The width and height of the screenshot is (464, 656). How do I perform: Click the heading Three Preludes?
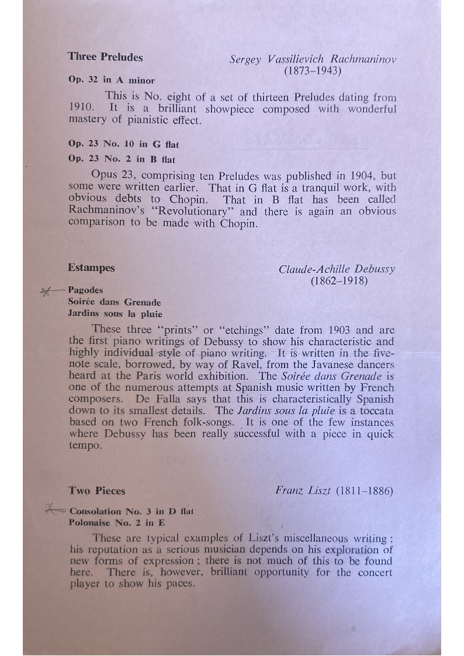coord(105,57)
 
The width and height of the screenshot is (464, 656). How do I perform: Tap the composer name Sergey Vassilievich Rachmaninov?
coord(313,60)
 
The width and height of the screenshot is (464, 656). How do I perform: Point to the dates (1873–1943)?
coord(313,71)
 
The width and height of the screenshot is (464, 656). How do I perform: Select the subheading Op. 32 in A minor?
coord(111,80)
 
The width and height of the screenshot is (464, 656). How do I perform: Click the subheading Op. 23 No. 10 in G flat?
coord(123,144)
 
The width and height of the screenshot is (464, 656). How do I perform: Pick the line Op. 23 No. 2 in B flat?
coord(122,159)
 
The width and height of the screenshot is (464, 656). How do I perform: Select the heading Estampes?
coord(91,268)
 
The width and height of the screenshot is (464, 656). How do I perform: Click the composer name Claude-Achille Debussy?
coord(337,269)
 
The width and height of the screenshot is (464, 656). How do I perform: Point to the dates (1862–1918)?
coord(339,281)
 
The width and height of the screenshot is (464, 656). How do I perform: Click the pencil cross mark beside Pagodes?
coord(46,290)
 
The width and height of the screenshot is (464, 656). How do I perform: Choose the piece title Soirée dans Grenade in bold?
coord(114,302)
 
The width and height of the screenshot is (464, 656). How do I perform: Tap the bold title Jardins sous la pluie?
coord(115,314)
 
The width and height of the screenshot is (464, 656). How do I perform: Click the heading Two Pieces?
coord(96,491)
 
